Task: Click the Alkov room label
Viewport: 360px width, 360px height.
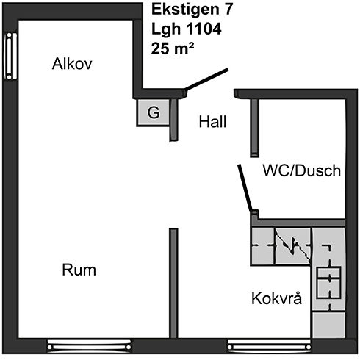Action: tap(72, 64)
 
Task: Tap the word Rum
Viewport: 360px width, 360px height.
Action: tap(79, 270)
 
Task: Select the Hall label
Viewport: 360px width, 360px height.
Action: tap(212, 122)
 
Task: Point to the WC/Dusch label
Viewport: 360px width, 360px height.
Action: tap(302, 170)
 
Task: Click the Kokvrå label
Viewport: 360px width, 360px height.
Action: tap(277, 298)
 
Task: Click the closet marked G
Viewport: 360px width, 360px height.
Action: tap(154, 112)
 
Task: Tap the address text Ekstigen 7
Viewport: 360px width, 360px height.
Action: tap(192, 10)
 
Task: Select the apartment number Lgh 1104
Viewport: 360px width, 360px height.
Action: tap(187, 29)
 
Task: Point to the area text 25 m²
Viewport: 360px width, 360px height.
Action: tap(173, 48)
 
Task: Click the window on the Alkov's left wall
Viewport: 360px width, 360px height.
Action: tap(10, 56)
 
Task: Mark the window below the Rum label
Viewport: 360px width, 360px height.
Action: tap(89, 346)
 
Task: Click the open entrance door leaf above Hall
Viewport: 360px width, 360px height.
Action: tap(206, 79)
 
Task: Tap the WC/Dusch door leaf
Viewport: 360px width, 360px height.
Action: tap(245, 188)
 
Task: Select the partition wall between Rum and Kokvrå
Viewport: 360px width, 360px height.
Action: tap(173, 284)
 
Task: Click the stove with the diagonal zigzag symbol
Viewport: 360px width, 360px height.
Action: tap(292, 247)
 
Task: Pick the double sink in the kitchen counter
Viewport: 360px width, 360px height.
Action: tap(328, 282)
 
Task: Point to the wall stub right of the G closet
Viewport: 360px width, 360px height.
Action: tap(174, 120)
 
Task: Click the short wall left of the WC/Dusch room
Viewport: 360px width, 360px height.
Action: tap(254, 128)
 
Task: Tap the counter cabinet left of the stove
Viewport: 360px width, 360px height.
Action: tap(262, 247)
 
